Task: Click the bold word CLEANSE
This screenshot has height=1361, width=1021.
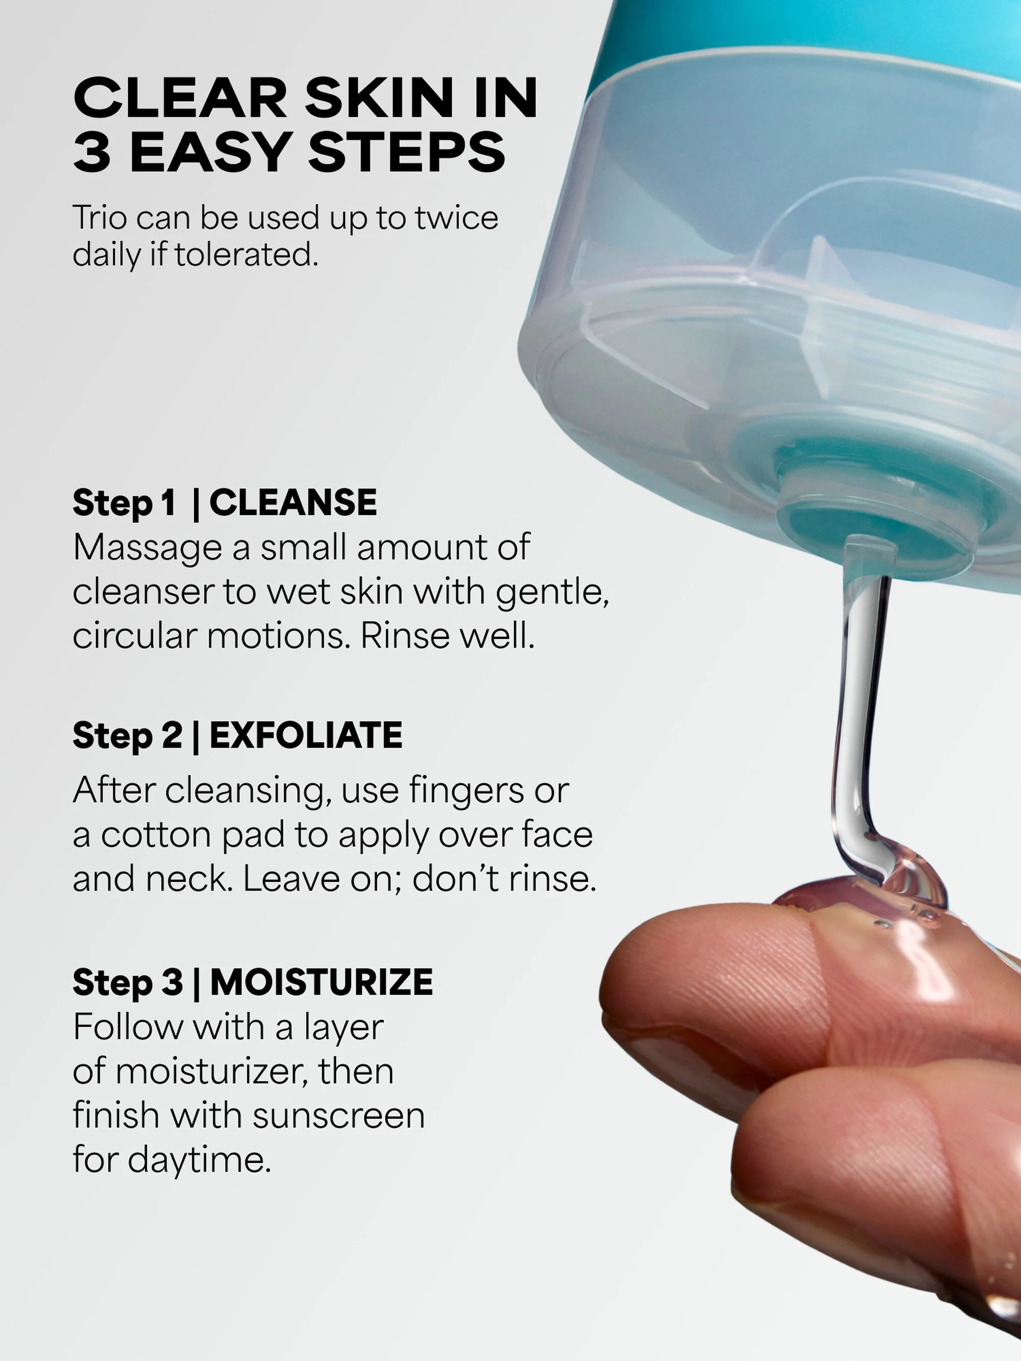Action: coord(293,503)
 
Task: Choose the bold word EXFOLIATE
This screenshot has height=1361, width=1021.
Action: coord(306,735)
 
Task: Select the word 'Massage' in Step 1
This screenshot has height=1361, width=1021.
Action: coord(147,548)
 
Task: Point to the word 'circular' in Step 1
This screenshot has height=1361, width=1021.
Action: coord(134,635)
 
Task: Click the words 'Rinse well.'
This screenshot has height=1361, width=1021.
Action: coord(447,635)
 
